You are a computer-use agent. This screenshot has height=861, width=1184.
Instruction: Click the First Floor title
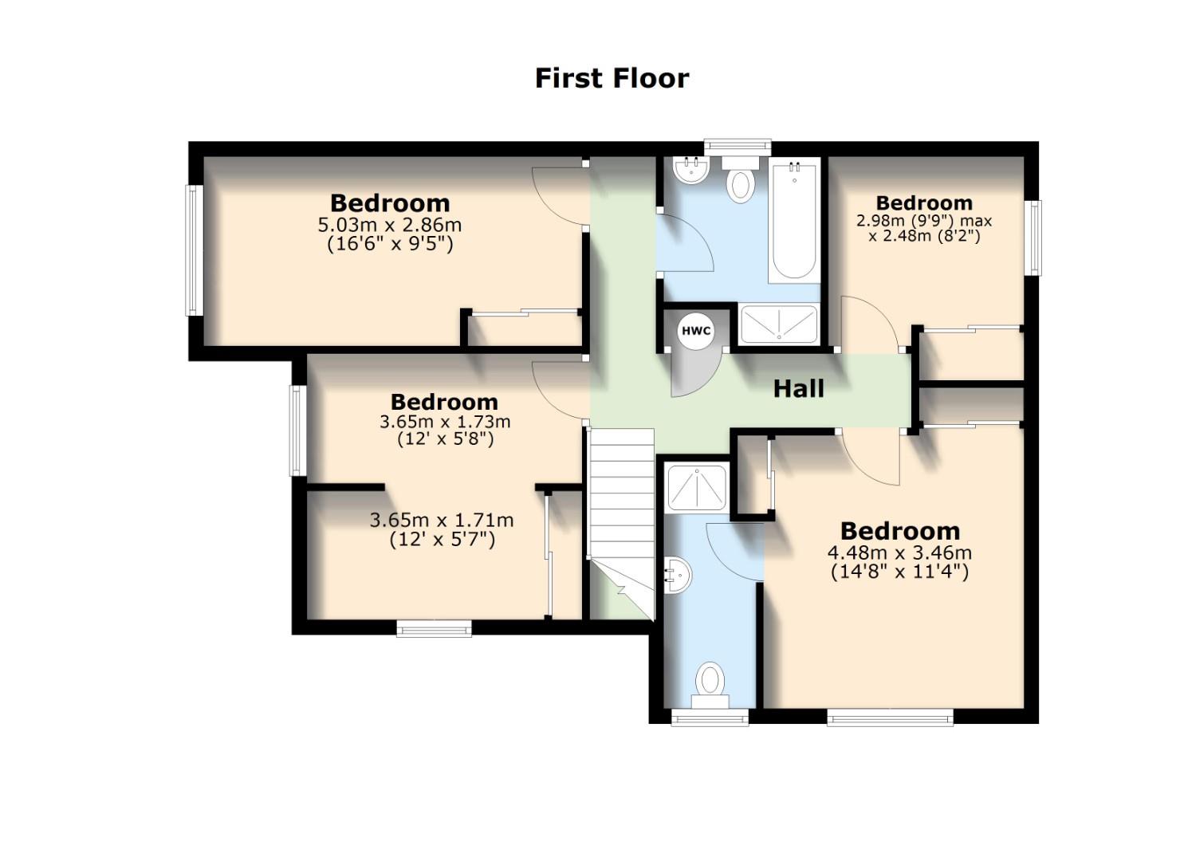pos(612,78)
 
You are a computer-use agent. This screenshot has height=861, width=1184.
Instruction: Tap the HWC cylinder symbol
pos(694,330)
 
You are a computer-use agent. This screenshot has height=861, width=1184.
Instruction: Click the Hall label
pos(798,389)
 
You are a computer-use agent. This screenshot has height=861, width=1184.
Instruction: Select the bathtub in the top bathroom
pos(793,220)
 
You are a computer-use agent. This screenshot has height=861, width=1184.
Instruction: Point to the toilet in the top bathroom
pos(741,180)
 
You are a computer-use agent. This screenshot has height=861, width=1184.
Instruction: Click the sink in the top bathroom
pos(690,169)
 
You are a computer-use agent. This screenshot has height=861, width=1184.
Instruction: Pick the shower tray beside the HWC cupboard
pos(778,324)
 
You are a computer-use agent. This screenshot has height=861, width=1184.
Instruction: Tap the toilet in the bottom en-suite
pos(710,686)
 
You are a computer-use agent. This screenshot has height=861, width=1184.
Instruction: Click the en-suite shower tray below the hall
pos(696,488)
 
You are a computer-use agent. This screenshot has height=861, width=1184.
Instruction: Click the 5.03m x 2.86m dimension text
pos(390,225)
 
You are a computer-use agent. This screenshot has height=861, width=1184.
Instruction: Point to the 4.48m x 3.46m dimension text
pos(899,552)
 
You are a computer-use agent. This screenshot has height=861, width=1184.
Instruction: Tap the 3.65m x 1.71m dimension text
pos(442,521)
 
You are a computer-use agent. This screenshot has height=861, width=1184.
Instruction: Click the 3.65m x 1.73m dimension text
pos(445,421)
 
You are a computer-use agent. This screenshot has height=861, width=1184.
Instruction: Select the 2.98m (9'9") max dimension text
pos(923,221)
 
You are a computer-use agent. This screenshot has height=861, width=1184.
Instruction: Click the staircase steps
pos(621,494)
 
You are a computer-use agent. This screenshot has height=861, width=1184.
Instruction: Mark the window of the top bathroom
pos(738,146)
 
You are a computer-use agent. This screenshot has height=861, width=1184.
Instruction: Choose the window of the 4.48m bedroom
pos(890,717)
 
